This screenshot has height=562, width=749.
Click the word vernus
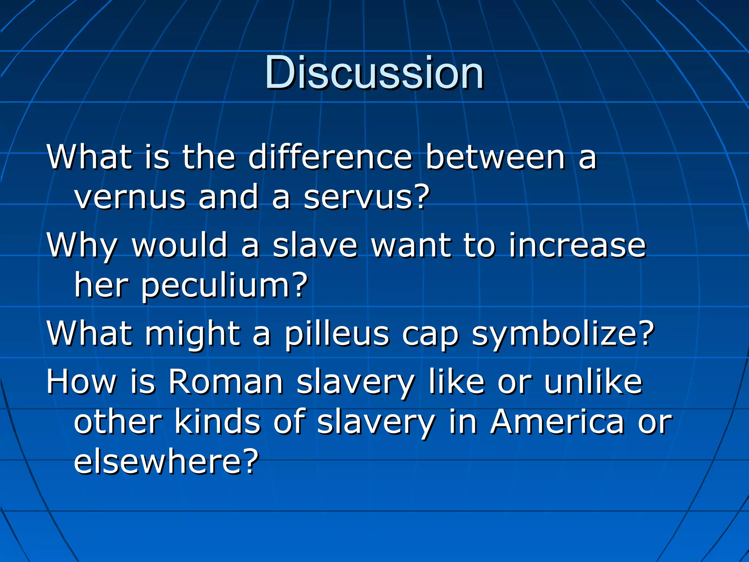130,198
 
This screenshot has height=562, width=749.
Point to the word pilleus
337,334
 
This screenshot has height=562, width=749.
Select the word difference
330,157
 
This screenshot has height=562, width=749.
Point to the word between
496,157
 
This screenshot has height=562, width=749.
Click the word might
193,334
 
